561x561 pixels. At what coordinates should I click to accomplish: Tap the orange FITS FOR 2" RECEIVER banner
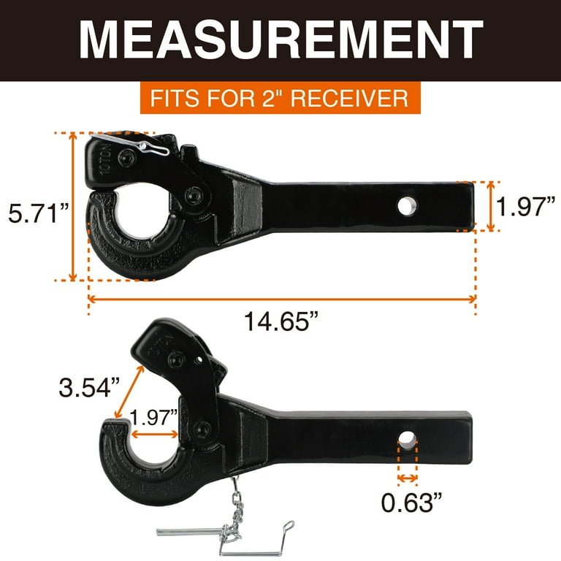[x=280, y=97]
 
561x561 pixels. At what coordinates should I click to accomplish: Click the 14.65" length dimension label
[x=282, y=320]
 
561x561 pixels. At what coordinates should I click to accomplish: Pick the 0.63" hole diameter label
[x=407, y=503]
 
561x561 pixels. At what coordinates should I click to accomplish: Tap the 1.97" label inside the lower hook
[x=153, y=417]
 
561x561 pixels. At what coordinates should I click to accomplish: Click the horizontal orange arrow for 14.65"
[x=282, y=298]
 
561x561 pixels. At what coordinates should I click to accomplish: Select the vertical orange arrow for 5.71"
[x=73, y=206]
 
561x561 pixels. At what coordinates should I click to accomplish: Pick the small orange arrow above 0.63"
[x=407, y=479]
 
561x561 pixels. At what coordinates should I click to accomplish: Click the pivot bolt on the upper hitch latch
[x=193, y=196]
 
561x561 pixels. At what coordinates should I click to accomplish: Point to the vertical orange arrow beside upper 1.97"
[x=489, y=207]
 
